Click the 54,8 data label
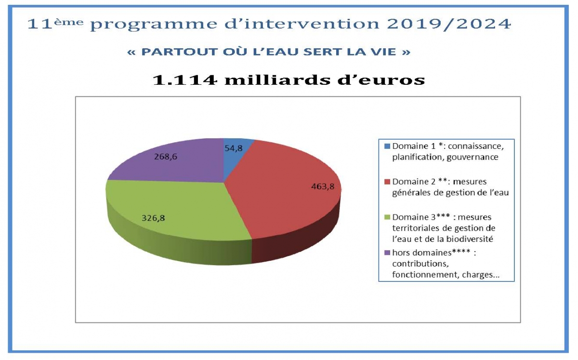pyautogui.click(x=234, y=148)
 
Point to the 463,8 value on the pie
pyautogui.click(x=323, y=187)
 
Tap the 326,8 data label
pyautogui.click(x=153, y=218)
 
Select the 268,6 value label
pyautogui.click(x=166, y=157)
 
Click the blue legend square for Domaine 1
pyautogui.click(x=387, y=146)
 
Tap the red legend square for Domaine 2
pyautogui.click(x=387, y=182)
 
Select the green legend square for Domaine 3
pyautogui.click(x=387, y=217)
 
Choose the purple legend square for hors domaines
pyautogui.click(x=387, y=253)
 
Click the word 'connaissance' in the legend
pyautogui.click(x=476, y=147)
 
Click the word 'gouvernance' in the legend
pyautogui.click(x=472, y=158)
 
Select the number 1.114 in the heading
pyautogui.click(x=185, y=80)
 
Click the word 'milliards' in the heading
pyautogui.click(x=277, y=80)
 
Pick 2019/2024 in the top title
pyautogui.click(x=449, y=24)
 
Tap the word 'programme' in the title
pyautogui.click(x=154, y=25)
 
